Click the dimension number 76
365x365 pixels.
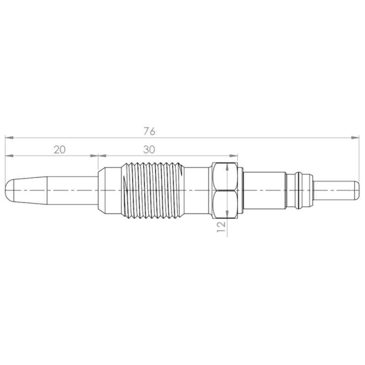click(149, 131)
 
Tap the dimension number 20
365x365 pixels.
click(60, 150)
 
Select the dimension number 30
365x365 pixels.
click(149, 150)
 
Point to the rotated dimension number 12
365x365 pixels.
click(221, 226)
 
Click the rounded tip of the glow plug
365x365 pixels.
click(9, 190)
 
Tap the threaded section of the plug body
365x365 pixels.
click(152, 190)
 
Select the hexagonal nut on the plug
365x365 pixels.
click(225, 190)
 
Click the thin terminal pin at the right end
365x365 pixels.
click(336, 190)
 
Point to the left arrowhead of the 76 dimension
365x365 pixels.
click(9, 138)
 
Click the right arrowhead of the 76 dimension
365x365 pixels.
click(355, 138)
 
